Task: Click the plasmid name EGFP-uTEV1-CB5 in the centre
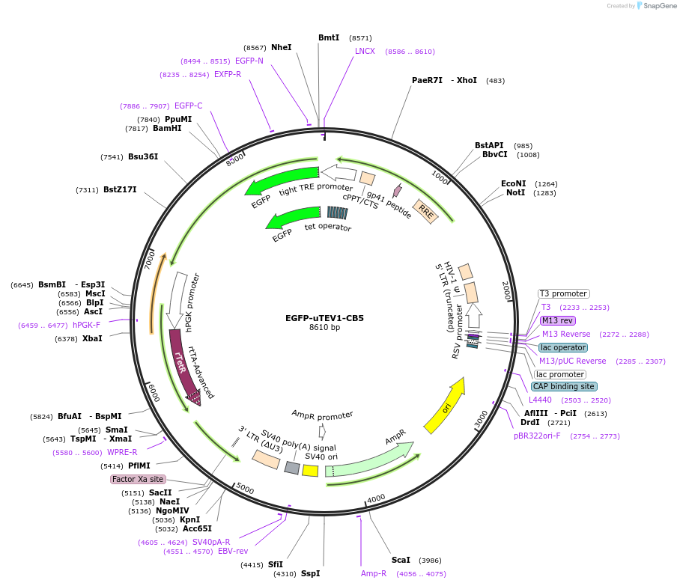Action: tap(324, 317)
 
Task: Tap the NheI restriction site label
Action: tap(282, 47)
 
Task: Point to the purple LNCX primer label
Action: tap(365, 51)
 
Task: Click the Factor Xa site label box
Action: tap(137, 479)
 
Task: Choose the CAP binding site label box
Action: tap(564, 387)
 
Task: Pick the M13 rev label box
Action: tap(558, 320)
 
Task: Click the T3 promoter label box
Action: tap(563, 293)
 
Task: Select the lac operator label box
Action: tap(562, 347)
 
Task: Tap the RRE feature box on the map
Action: tap(426, 211)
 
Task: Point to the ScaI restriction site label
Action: tap(401, 560)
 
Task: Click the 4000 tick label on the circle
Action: tap(376, 498)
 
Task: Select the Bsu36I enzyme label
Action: tap(143, 156)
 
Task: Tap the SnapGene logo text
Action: tap(660, 6)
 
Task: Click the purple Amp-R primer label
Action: tap(374, 574)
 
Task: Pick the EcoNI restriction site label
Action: tap(514, 183)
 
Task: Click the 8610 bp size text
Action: tap(324, 328)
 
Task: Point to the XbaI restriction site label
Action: tap(92, 338)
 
